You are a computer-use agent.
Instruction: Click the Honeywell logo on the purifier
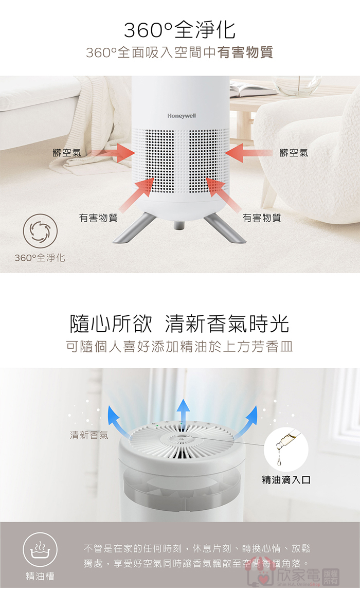point(182,116)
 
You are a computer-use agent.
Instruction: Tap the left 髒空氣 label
point(67,153)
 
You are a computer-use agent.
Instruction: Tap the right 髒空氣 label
point(294,153)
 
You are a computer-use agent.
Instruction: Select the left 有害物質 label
point(98,218)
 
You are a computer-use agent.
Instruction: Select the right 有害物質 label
point(262,218)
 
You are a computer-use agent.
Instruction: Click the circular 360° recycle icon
point(40,231)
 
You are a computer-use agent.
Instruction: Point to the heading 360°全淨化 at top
point(180,30)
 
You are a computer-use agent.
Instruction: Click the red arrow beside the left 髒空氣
point(111,152)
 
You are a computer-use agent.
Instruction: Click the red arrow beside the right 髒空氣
point(248,152)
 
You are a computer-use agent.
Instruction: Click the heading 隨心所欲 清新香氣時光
point(179,324)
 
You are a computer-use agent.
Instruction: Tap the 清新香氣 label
point(89,436)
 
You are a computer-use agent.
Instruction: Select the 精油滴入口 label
point(286,480)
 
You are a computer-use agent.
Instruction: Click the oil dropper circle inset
point(286,449)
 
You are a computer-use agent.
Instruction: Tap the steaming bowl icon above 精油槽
point(40,550)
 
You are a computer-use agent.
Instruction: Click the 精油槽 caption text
point(40,577)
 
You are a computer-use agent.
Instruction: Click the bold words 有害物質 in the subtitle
point(245,52)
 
